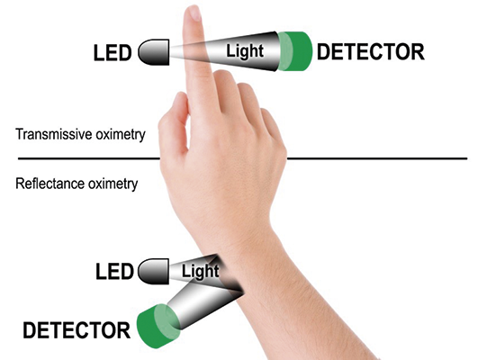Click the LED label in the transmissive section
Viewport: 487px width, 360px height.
point(113,52)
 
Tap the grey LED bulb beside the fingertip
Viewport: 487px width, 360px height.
point(154,52)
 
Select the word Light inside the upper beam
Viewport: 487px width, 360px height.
point(245,51)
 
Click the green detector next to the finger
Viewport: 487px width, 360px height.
point(295,51)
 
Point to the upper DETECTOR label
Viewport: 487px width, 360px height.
point(371,52)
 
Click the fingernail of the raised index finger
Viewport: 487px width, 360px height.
point(194,13)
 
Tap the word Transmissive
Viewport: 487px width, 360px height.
point(54,134)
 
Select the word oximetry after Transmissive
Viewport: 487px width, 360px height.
point(121,135)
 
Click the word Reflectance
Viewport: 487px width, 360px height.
point(50,184)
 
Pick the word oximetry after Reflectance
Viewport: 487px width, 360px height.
point(113,184)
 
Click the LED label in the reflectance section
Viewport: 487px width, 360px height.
point(114,271)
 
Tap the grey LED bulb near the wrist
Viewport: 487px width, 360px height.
point(153,271)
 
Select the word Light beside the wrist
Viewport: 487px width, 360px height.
point(201,271)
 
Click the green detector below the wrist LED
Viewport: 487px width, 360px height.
point(158,326)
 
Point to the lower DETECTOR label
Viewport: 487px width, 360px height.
point(77,330)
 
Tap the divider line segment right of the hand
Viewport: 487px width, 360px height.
point(377,158)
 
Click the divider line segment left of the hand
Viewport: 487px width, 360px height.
point(89,158)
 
